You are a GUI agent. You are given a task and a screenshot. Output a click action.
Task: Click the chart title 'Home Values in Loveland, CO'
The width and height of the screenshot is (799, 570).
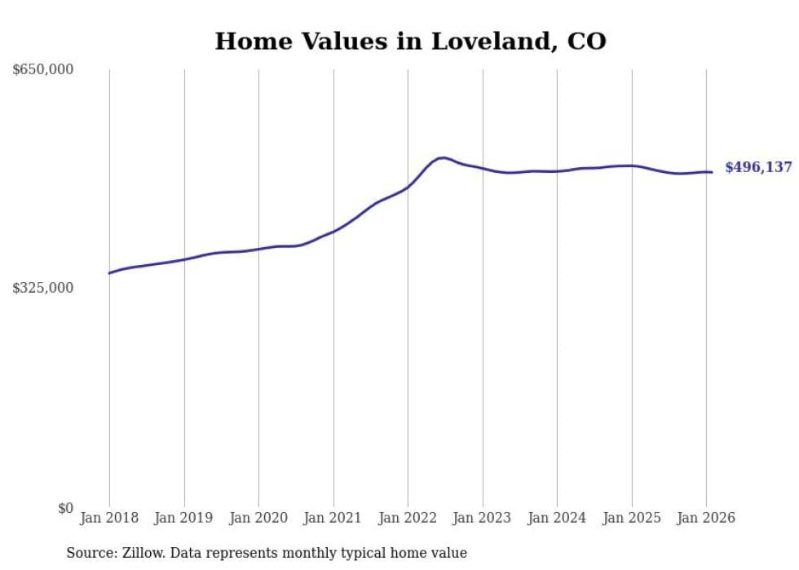pos(410,41)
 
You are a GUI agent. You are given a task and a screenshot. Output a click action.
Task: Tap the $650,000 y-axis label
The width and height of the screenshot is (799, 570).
pos(43,69)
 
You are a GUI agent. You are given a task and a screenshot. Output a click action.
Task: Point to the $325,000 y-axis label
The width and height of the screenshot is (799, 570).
pos(43,288)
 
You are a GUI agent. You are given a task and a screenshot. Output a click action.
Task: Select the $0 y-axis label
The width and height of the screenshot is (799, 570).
pos(65,508)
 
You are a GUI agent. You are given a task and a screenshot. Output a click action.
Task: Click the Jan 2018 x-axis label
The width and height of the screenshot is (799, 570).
pos(109,518)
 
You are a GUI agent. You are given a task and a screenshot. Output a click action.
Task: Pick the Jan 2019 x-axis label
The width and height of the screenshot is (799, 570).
pos(184,518)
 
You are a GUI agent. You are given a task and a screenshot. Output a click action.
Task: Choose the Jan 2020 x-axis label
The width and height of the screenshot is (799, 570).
pos(258,518)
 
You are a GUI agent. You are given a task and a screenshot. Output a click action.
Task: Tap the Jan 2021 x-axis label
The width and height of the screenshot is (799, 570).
pos(333,518)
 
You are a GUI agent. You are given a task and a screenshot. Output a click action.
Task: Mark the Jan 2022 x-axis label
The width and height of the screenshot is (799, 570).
pos(408,518)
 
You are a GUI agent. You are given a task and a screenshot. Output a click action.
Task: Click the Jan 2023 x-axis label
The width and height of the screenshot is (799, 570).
pos(483,518)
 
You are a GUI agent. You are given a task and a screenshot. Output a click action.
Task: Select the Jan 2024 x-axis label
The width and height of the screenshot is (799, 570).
pos(557,518)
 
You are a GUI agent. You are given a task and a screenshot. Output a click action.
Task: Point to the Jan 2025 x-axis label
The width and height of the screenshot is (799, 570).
pos(632,518)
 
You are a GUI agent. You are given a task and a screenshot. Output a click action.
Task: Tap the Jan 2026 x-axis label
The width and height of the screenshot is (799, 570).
pos(706,518)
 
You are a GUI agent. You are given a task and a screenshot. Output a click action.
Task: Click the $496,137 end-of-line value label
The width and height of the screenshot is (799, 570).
pos(758,167)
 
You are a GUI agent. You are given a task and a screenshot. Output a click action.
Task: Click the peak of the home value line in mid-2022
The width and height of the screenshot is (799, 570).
pos(442,157)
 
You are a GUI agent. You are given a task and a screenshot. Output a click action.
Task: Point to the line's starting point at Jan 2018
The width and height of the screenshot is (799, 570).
pos(109,273)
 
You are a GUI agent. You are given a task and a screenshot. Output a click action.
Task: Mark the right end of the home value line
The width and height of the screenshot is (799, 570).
pos(712,172)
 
